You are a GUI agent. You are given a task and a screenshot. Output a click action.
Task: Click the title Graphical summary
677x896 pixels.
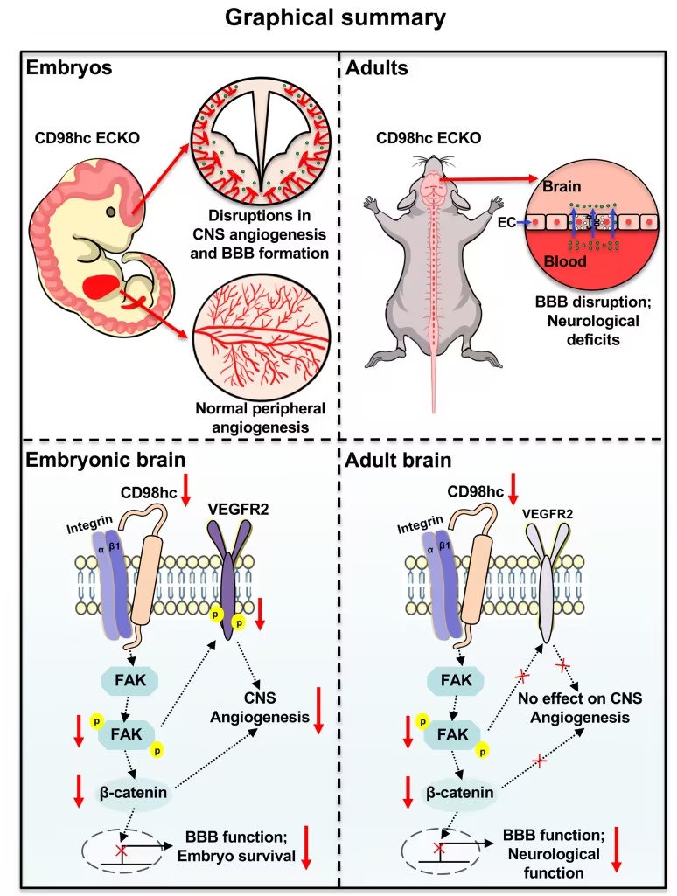(x=335, y=17)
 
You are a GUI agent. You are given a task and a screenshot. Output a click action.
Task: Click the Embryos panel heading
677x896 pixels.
(x=69, y=67)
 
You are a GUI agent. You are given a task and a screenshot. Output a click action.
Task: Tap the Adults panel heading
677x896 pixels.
(x=377, y=67)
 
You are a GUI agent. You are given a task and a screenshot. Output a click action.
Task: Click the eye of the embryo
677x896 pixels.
(x=111, y=212)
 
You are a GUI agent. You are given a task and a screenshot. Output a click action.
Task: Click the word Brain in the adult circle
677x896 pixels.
(x=562, y=186)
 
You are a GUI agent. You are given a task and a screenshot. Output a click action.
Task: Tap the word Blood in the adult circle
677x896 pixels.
(x=565, y=261)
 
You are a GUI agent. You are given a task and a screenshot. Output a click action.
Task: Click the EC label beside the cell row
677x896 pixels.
(x=506, y=222)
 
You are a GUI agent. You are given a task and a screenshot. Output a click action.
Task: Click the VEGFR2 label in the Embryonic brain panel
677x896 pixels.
(x=237, y=509)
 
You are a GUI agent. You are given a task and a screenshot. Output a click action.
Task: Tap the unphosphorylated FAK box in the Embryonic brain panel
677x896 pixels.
(x=129, y=680)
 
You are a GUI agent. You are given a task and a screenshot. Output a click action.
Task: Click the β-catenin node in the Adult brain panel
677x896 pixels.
(x=460, y=793)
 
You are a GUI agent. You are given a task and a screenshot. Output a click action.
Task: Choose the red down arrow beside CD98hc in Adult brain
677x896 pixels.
(x=513, y=488)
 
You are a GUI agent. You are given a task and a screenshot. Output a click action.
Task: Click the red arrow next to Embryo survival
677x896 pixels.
(x=306, y=847)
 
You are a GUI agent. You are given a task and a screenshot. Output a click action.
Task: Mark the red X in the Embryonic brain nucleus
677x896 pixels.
(x=122, y=851)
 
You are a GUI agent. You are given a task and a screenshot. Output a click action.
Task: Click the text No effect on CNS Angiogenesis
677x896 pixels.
(x=580, y=707)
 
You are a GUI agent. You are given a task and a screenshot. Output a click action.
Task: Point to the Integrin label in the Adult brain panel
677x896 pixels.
(x=420, y=524)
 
